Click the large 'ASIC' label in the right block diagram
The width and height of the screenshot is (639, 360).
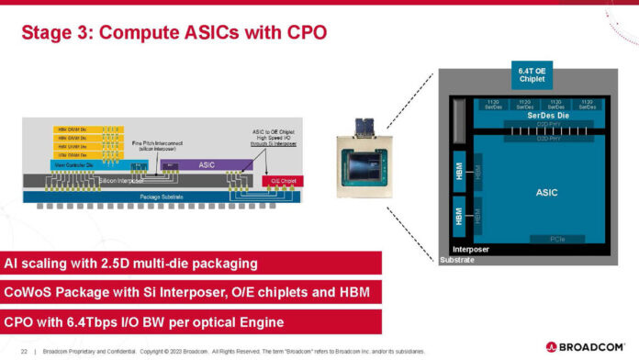pyautogui.click(x=545, y=192)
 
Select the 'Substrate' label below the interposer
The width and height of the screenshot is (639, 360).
pyautogui.click(x=458, y=261)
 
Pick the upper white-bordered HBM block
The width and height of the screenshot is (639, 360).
pyautogui.click(x=459, y=172)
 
